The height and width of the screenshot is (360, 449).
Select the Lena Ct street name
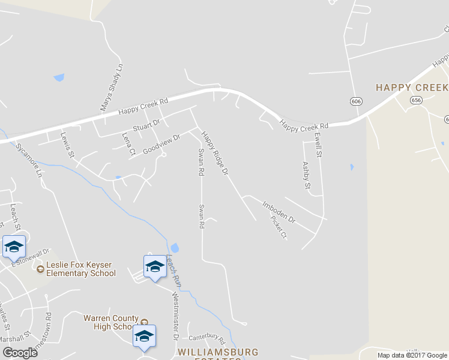coord(128,145)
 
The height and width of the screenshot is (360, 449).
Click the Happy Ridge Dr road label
coord(215,153)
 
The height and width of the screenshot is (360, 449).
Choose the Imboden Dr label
coord(279,212)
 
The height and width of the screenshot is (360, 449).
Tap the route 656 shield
coord(417,101)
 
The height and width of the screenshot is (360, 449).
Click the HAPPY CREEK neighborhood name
coord(412,88)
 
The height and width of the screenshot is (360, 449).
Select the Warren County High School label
coord(111,322)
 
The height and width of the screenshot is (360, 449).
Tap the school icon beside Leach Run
coord(155,266)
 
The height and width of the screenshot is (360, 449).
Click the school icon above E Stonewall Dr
coord(14,246)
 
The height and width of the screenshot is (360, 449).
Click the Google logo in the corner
coord(20,353)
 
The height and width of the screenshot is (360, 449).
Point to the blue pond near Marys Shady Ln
coord(59,77)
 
